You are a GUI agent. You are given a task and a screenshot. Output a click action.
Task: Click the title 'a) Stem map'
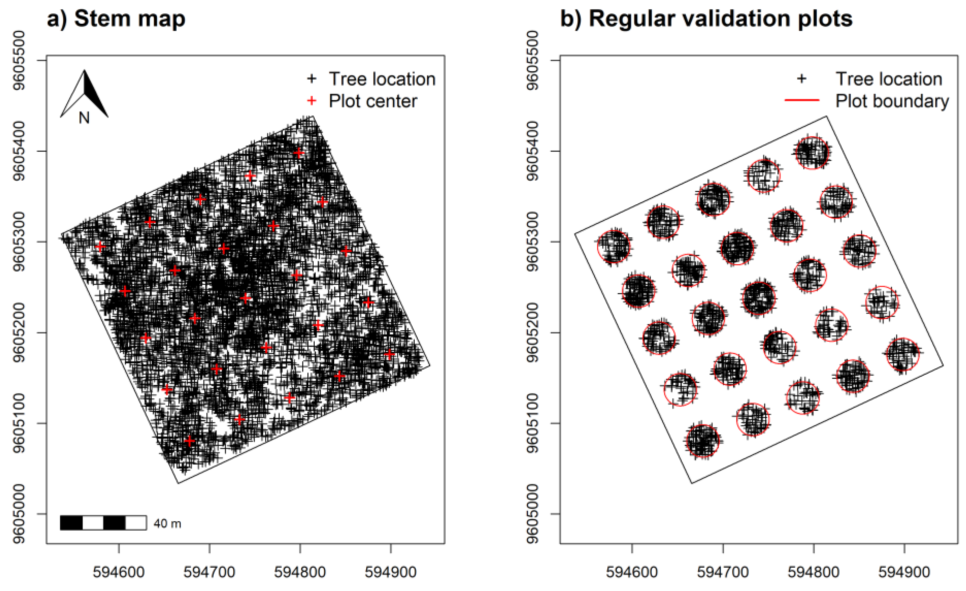tap(116, 19)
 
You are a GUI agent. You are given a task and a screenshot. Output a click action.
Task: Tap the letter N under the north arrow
tap(84, 117)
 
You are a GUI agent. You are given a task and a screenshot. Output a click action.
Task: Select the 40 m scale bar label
tap(167, 524)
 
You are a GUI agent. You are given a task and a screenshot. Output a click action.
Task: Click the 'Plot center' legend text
tap(373, 101)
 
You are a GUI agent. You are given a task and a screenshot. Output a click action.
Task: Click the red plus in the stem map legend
tap(312, 101)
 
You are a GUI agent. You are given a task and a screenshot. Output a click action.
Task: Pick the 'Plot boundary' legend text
tap(892, 101)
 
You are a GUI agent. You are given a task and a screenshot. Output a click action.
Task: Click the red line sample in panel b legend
tap(802, 101)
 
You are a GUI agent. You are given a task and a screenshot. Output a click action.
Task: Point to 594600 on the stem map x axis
tap(119, 572)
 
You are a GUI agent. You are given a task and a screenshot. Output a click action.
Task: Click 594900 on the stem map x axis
tap(391, 572)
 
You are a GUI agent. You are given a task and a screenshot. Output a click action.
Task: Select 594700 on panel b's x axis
tap(722, 572)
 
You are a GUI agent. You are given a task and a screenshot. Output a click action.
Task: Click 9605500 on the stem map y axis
tap(19, 60)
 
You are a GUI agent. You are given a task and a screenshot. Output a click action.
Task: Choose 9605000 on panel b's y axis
tap(532, 514)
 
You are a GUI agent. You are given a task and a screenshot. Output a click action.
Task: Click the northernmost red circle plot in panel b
tap(812, 153)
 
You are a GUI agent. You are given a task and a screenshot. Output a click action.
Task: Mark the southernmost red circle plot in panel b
tap(703, 441)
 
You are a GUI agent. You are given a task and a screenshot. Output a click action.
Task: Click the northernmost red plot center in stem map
tap(299, 153)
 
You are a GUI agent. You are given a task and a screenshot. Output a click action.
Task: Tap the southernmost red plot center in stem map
tap(189, 441)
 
